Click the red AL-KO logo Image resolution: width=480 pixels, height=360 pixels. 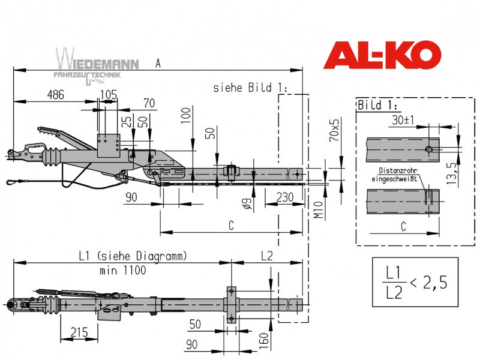[x=382, y=55]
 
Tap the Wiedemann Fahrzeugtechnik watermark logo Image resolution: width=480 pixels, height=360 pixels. [x=97, y=66]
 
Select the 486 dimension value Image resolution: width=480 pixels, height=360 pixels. [x=56, y=95]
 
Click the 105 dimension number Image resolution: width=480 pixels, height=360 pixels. [x=109, y=94]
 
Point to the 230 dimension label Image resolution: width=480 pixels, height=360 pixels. [x=284, y=197]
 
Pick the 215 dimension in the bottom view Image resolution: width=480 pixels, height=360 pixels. [x=79, y=332]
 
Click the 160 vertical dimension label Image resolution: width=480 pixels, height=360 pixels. [x=263, y=341]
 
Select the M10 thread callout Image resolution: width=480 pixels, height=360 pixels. [x=319, y=209]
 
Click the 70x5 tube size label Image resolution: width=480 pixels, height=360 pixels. [x=334, y=130]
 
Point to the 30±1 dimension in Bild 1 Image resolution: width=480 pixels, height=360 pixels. [x=403, y=120]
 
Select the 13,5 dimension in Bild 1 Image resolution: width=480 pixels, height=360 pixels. [x=451, y=173]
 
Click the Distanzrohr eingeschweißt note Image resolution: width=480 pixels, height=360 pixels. [x=395, y=175]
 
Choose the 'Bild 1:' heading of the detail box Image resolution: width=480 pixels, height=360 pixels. [x=378, y=105]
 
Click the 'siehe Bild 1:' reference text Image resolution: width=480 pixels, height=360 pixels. [x=250, y=88]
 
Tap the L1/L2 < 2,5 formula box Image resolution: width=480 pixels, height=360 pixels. [x=415, y=282]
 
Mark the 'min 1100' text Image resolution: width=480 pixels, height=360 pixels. [x=123, y=271]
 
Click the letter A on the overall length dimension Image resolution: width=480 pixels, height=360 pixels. [x=158, y=64]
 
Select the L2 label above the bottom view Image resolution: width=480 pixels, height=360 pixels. [x=266, y=256]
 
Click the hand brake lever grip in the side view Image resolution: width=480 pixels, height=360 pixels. [x=48, y=131]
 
